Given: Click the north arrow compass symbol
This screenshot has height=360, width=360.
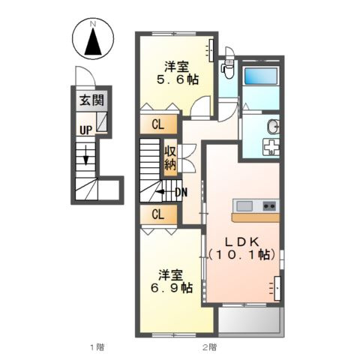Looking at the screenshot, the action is click(x=93, y=38).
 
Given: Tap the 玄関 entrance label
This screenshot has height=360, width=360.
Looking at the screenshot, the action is click(x=91, y=100).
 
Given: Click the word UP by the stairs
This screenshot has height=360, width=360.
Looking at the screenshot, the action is click(x=85, y=130).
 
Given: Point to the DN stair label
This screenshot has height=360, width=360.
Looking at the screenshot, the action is click(x=181, y=192).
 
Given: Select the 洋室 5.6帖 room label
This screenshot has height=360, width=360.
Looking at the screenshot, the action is click(x=177, y=73).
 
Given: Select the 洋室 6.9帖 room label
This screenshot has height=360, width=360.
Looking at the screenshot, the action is click(x=172, y=281).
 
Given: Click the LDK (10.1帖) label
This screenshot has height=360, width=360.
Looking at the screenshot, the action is click(x=242, y=248).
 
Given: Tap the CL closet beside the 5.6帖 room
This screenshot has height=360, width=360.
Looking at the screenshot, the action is click(x=158, y=124).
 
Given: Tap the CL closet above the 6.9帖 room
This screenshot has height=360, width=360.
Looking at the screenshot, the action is click(x=158, y=214).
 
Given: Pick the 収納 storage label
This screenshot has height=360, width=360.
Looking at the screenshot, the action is click(x=170, y=157).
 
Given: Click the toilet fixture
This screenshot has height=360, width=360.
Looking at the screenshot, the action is click(x=226, y=67).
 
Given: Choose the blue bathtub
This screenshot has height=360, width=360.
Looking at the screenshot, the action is click(x=261, y=76).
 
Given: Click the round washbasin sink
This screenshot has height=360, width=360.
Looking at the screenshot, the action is click(x=273, y=127).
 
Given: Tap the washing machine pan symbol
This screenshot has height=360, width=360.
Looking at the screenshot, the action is click(x=271, y=147).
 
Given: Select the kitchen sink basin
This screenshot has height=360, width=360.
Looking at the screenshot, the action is click(x=244, y=206).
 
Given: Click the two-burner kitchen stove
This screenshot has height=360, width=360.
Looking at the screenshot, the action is click(x=269, y=206).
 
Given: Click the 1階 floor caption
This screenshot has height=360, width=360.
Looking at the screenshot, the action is click(x=97, y=347).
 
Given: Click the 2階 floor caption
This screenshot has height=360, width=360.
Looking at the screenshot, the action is click(x=209, y=347).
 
